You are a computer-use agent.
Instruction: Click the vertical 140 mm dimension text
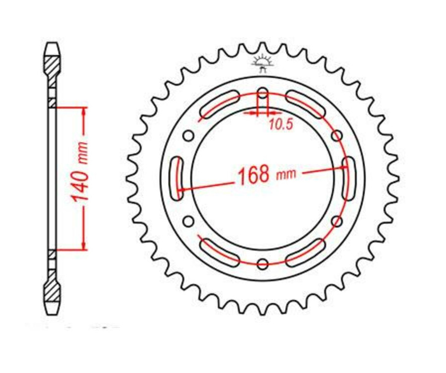[81, 171]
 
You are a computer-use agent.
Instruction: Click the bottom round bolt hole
[263, 263]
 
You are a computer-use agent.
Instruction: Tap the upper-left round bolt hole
[188, 135]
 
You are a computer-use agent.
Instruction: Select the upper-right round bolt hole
[337, 135]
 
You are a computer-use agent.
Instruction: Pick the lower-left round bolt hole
[188, 221]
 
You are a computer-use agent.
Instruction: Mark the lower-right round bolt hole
[337, 221]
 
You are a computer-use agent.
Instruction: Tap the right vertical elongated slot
[349, 178]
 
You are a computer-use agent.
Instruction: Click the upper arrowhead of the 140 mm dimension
[84, 111]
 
